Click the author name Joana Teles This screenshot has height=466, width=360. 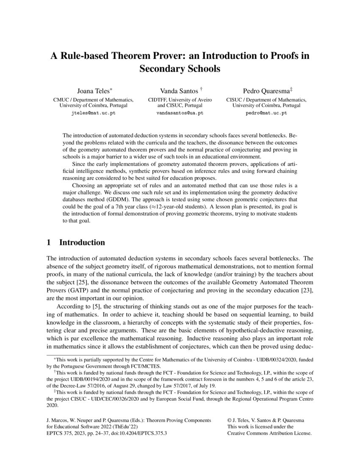[91, 91]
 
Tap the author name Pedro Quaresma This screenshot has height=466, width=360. [259, 91]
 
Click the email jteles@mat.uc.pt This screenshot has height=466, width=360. [94, 113]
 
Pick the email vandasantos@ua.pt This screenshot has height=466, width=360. [180, 113]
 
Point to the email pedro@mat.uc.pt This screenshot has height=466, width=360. [266, 113]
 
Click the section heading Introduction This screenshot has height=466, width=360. [82, 243]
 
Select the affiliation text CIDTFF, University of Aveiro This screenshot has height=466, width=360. [180, 100]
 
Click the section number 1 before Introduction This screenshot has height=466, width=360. [49, 243]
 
